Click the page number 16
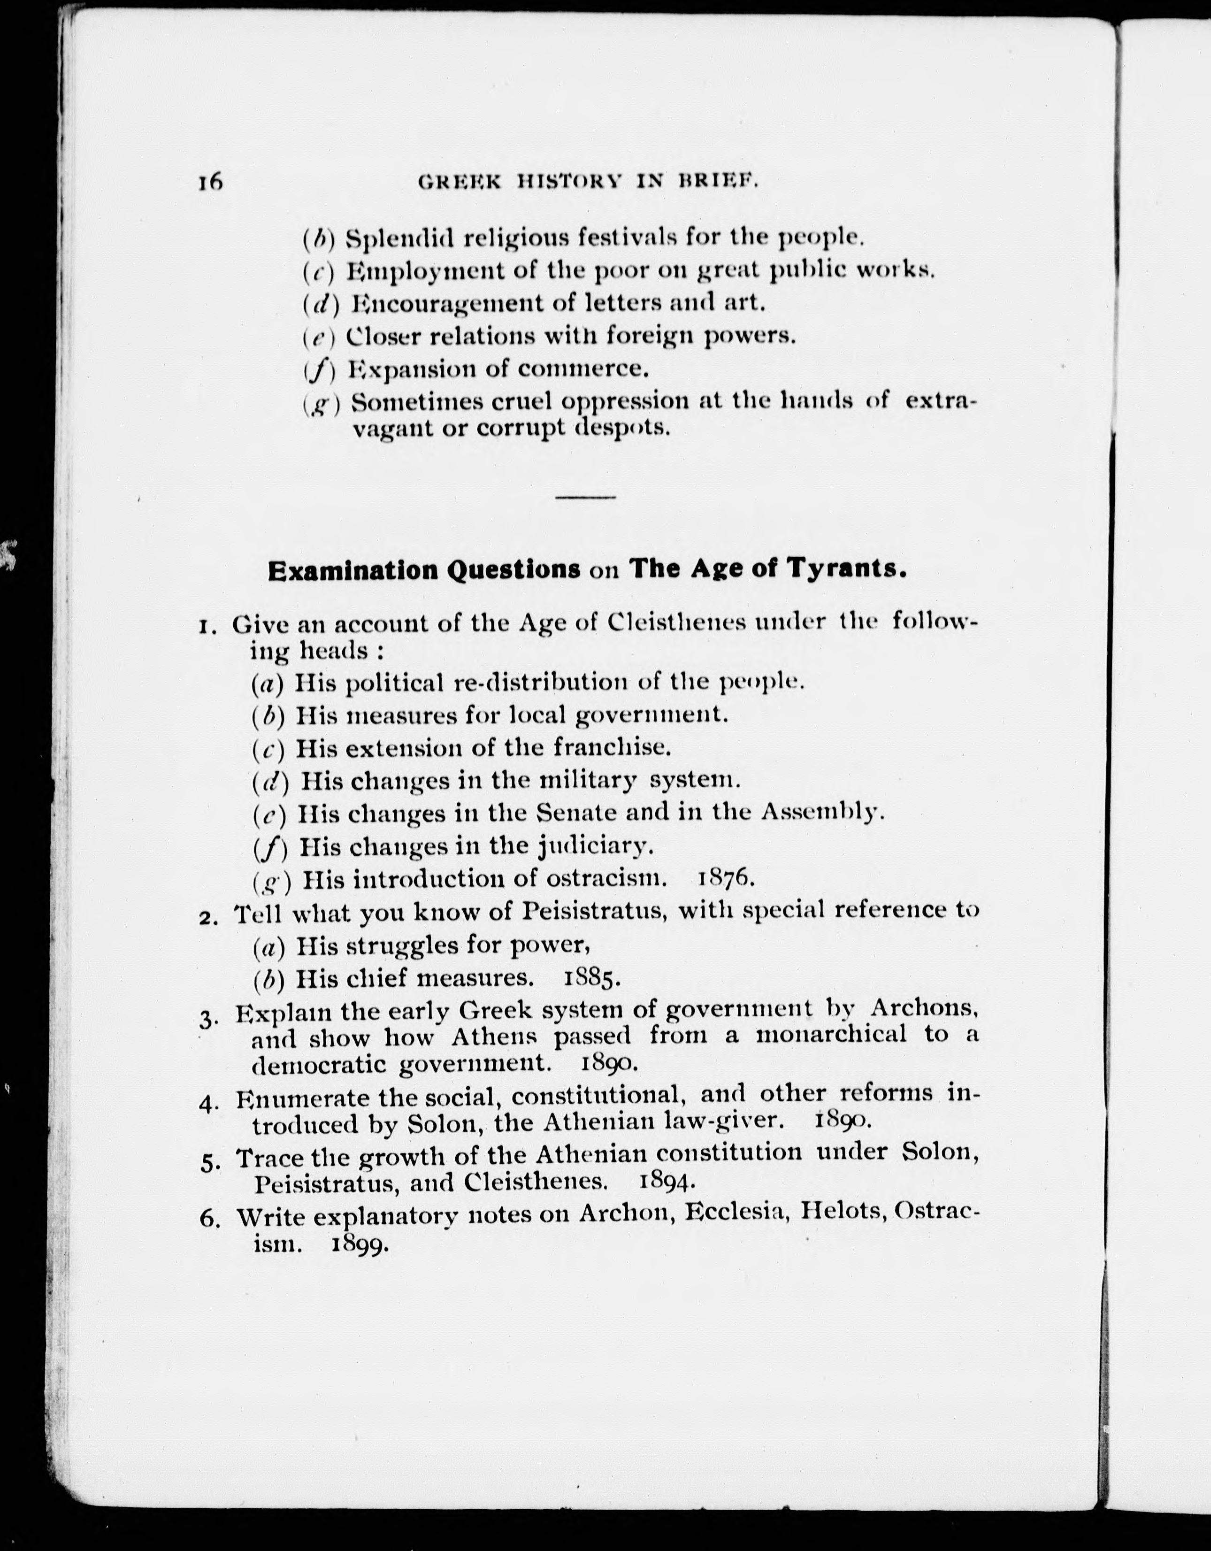(211, 183)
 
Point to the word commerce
(583, 369)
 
